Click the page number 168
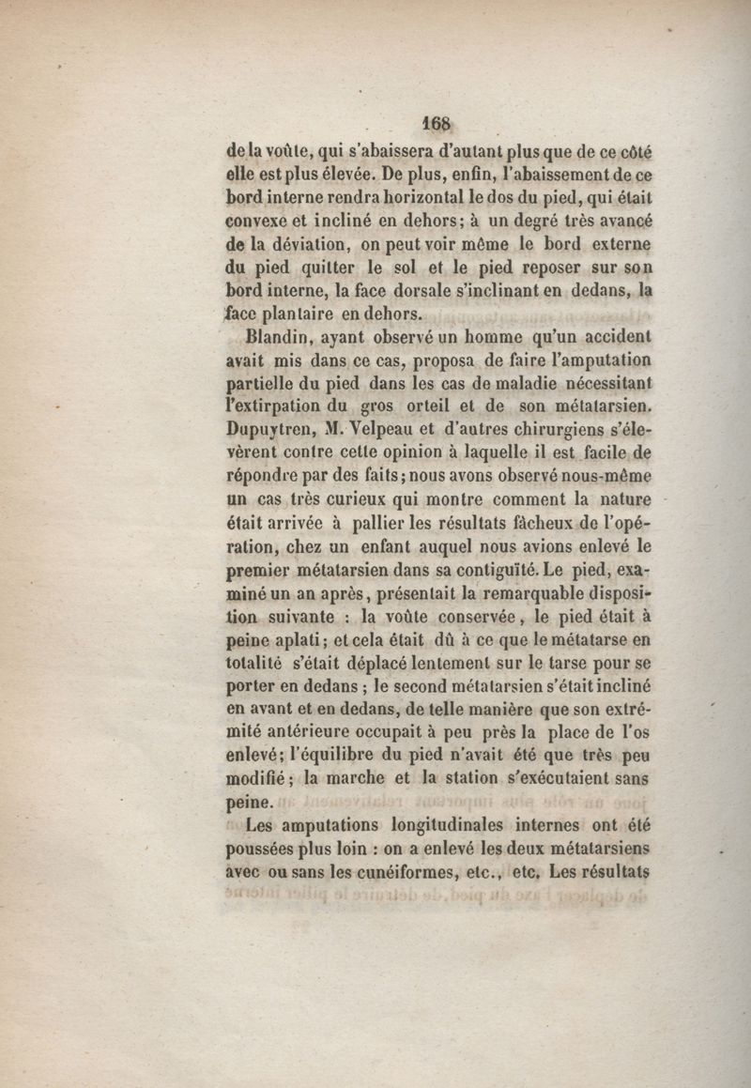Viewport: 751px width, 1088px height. [437, 124]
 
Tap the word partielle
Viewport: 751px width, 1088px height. [266, 384]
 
